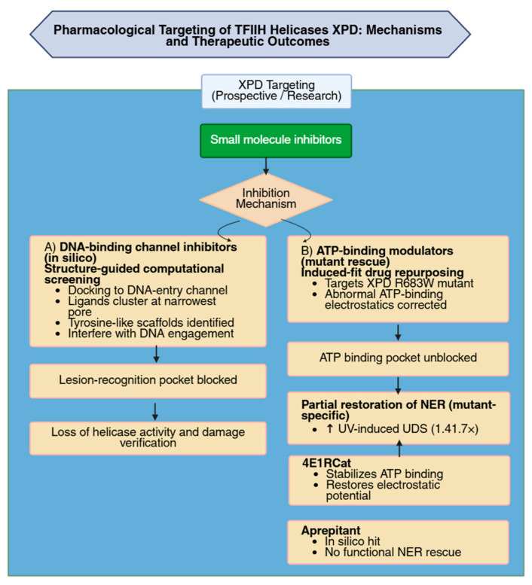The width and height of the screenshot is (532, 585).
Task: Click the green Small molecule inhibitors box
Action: point(276,141)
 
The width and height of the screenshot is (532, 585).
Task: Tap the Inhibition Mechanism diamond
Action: point(266,200)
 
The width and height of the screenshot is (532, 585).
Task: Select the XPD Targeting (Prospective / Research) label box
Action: point(277,91)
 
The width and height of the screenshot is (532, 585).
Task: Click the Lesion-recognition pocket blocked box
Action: point(148,380)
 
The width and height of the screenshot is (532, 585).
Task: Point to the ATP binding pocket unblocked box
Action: point(398,358)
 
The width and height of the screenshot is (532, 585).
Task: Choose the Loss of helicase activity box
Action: point(148,437)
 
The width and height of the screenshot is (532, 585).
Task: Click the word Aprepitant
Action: point(331,530)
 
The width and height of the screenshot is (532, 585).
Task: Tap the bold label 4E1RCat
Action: point(327,463)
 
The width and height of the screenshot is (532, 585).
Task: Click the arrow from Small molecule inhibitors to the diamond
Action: point(266,166)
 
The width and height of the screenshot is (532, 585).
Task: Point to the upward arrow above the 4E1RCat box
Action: point(399,448)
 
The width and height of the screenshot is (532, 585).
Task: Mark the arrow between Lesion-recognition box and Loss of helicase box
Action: point(155,412)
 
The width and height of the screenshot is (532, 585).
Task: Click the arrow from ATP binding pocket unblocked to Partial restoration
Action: point(398,385)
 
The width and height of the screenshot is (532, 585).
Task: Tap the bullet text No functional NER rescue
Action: point(393,552)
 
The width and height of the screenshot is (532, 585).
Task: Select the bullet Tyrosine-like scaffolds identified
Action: point(151,323)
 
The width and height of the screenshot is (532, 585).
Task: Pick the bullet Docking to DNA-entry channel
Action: point(148,291)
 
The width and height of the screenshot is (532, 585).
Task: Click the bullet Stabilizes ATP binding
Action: point(384,474)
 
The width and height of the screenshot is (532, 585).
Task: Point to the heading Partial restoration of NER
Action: point(399,410)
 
